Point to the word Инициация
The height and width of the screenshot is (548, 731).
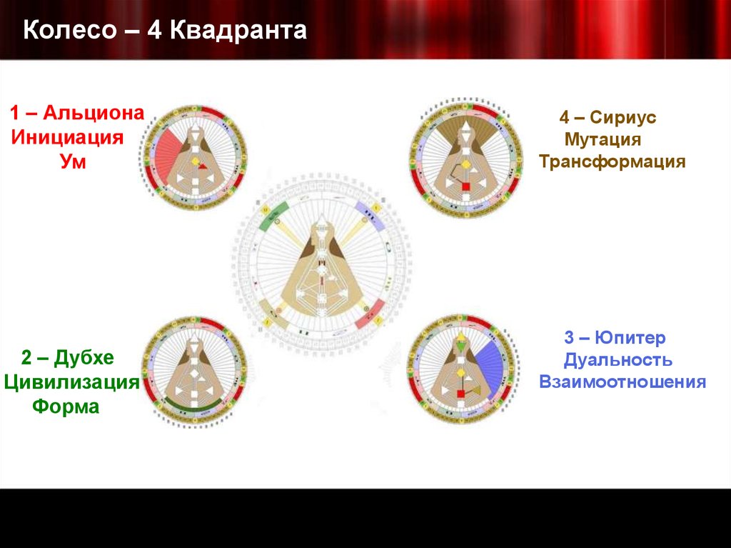[67, 137]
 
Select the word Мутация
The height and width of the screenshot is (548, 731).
[602, 139]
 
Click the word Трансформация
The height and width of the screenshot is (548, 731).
[612, 161]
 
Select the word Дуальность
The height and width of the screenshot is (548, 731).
[617, 359]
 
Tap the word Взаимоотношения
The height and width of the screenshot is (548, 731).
[622, 382]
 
